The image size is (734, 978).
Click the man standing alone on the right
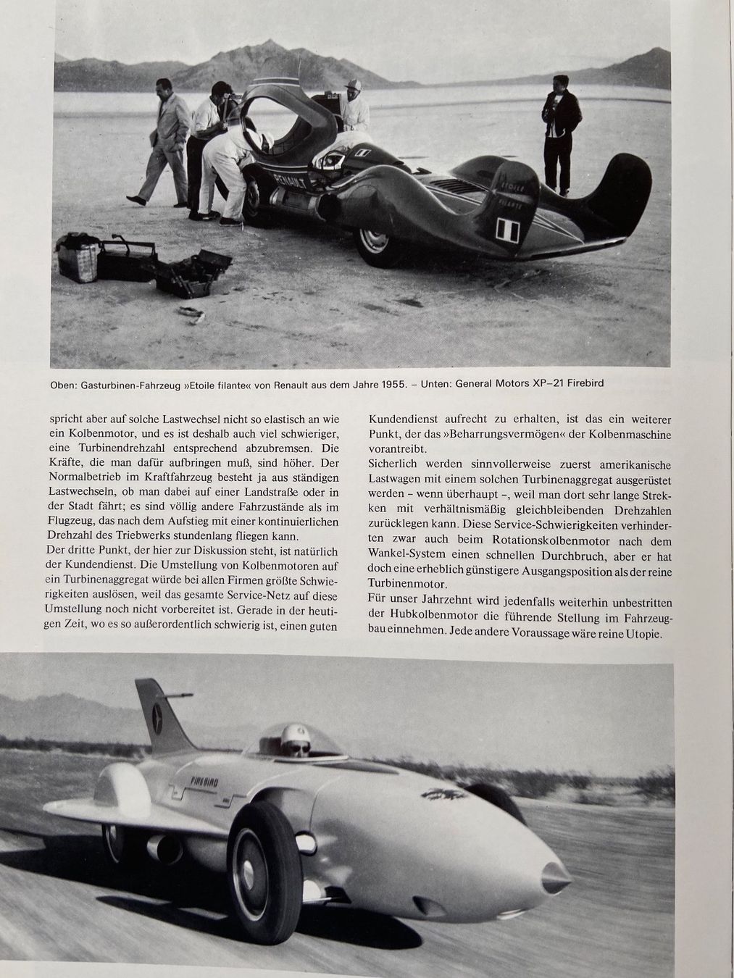click(x=561, y=134)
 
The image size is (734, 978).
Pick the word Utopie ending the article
click(x=638, y=632)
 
